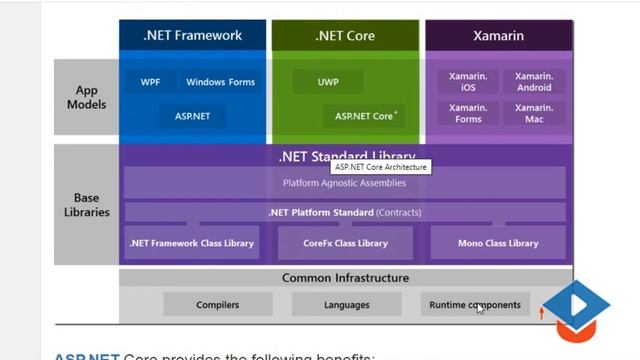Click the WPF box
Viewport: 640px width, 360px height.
pos(150,82)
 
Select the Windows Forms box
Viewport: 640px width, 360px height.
pos(220,82)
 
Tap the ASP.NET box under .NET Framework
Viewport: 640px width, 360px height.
pos(192,116)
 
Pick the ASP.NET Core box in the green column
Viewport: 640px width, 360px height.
pos(365,116)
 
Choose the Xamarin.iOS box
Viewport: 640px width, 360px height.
pos(468,82)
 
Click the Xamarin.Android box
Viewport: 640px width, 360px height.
pos(533,82)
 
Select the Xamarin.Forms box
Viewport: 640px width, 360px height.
pos(468,114)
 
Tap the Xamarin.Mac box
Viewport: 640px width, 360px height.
pos(533,114)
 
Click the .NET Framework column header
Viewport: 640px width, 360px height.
pos(192,36)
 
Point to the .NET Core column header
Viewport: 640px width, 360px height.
pos(345,36)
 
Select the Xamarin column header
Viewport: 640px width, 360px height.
pos(498,36)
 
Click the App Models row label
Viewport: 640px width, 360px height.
pos(86,97)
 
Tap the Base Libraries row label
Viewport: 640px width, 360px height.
pos(86,205)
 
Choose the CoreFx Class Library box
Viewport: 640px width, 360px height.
pos(345,243)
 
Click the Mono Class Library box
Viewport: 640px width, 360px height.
pos(497,243)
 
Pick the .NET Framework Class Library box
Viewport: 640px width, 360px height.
pos(192,243)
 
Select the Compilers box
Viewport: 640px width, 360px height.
pos(217,304)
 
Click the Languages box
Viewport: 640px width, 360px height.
pos(346,304)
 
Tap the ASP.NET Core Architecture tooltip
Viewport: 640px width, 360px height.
pos(381,167)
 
